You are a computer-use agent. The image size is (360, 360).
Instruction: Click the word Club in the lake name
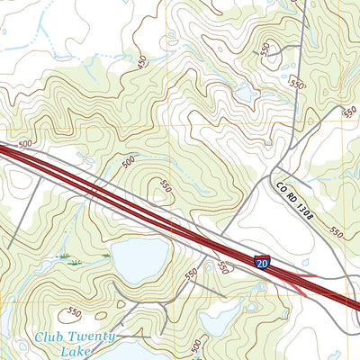51,337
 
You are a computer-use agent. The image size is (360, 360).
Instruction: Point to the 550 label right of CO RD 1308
335,231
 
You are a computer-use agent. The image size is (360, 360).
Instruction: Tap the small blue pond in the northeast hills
243,92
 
